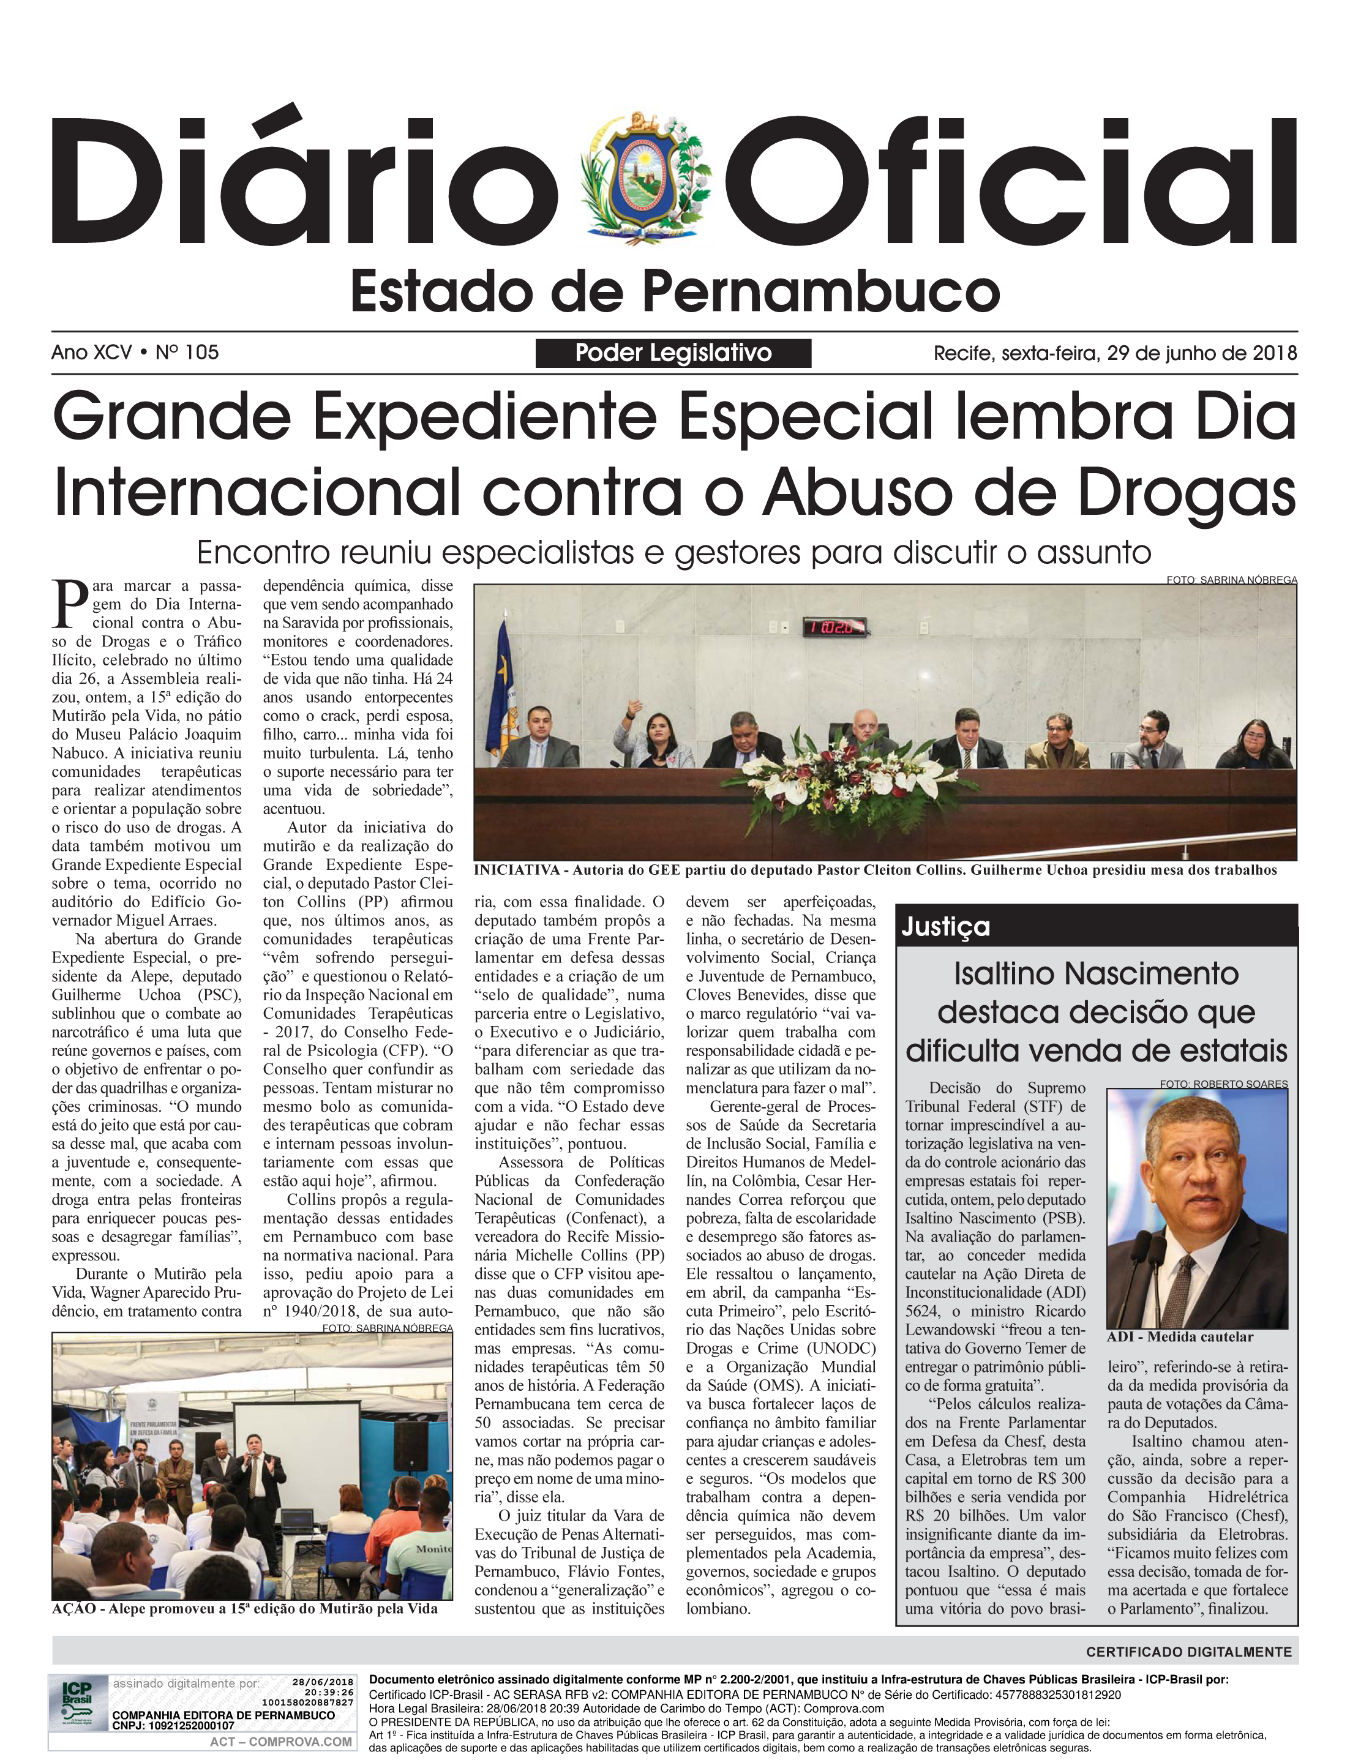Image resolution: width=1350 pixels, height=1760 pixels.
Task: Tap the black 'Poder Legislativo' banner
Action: pos(673,353)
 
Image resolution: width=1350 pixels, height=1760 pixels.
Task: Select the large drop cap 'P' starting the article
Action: pos(69,604)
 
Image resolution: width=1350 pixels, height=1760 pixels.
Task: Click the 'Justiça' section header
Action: pos(945,927)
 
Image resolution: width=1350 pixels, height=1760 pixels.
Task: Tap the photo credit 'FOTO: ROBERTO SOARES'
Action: pos(1223,1084)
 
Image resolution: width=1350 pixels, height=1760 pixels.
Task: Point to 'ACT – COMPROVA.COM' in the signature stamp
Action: pos(280,1742)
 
